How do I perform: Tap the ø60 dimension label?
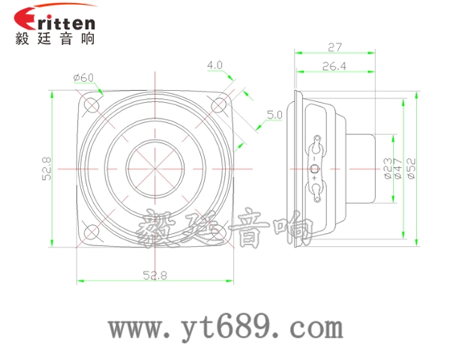click(x=83, y=77)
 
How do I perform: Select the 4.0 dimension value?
click(x=215, y=64)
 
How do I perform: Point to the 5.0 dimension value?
click(x=275, y=116)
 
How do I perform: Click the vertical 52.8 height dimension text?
click(x=46, y=170)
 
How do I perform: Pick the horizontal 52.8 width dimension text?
click(x=154, y=275)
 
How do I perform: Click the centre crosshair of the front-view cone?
click(x=155, y=169)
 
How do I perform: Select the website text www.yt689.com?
click(x=226, y=328)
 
